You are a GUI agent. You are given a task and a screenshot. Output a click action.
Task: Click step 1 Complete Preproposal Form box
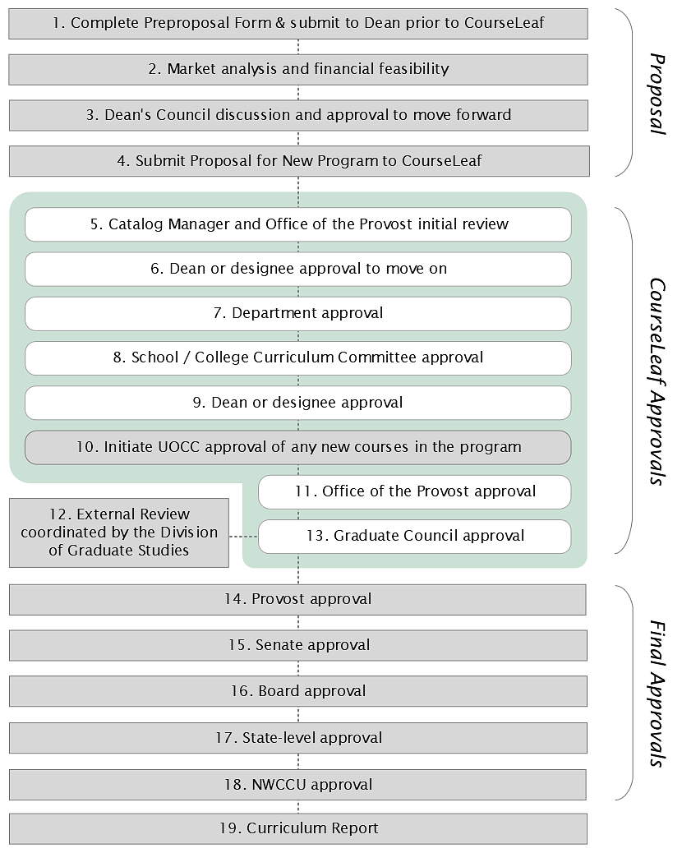point(298,23)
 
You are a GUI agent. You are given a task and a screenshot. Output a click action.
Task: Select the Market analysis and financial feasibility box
point(298,69)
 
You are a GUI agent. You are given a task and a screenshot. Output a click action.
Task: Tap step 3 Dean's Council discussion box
point(298,115)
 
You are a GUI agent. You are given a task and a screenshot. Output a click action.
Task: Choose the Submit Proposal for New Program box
point(298,161)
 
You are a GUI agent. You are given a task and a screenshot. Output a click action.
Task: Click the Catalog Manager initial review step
point(298,224)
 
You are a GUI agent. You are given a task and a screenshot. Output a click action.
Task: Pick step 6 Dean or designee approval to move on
point(298,269)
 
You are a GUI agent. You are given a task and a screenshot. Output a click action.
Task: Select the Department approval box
point(298,313)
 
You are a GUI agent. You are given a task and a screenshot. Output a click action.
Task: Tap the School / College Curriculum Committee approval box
point(298,357)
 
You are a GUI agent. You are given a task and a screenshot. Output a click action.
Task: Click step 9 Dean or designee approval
point(298,403)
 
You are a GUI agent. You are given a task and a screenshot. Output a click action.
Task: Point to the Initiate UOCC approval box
point(298,447)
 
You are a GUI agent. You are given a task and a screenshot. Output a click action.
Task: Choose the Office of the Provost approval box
point(414,491)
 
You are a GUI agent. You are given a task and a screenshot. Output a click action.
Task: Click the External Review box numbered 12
point(119,533)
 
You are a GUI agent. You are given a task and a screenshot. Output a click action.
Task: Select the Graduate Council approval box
point(414,536)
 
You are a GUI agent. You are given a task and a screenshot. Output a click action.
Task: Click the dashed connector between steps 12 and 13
point(243,536)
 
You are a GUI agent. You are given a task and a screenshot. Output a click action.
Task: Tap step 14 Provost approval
point(298,600)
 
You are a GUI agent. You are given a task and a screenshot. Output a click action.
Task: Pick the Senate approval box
point(298,646)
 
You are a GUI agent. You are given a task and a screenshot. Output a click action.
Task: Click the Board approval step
point(298,691)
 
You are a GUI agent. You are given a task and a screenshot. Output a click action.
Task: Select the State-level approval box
point(298,738)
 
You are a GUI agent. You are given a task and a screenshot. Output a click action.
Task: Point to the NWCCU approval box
point(298,785)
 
